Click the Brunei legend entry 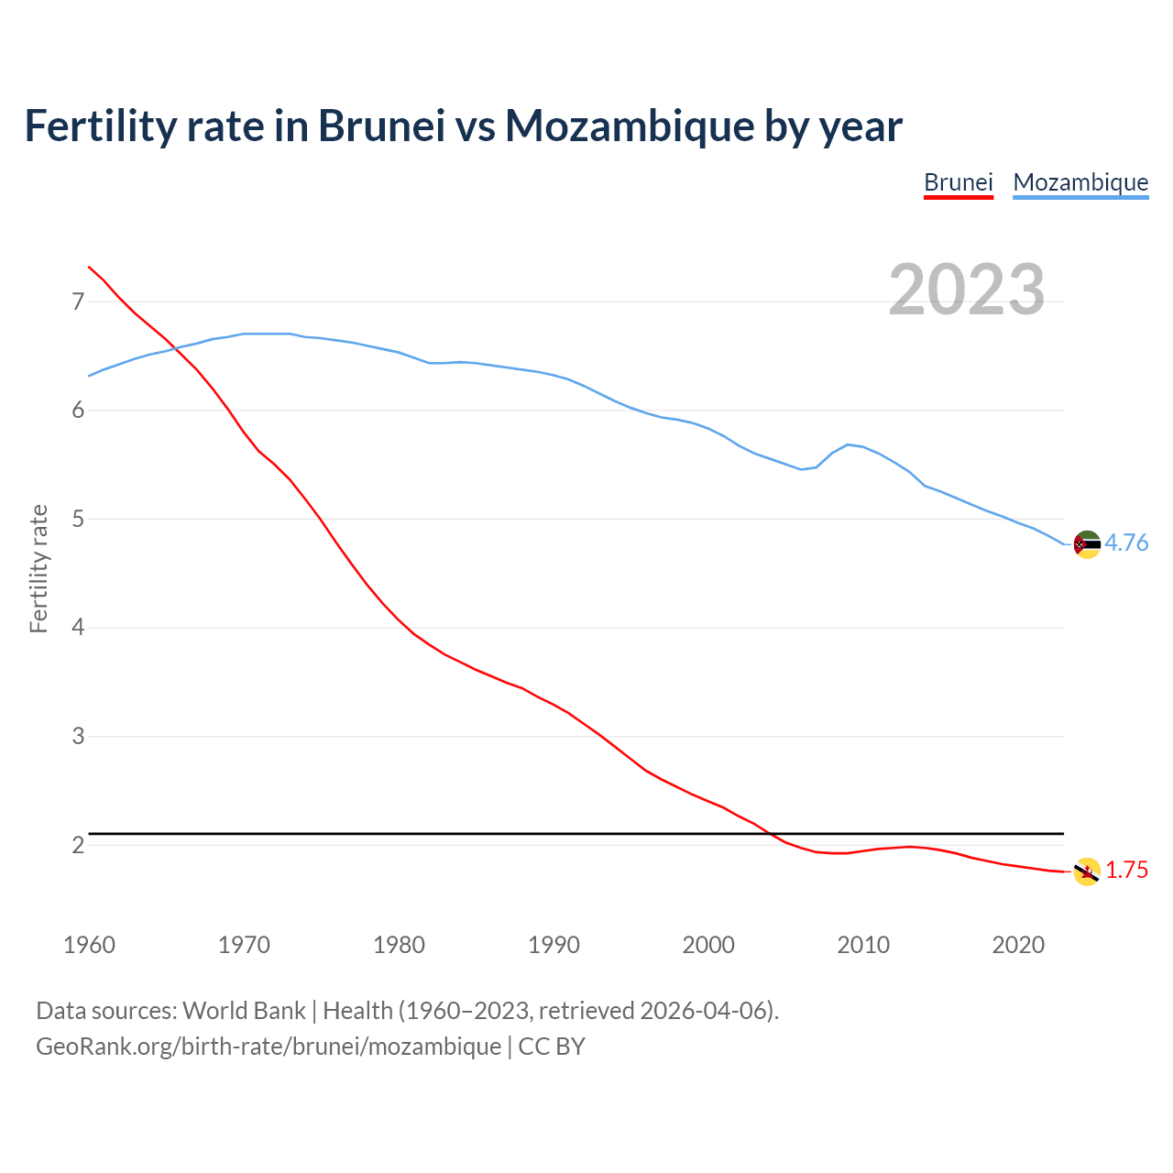pos(958,182)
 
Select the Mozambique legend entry pos(1080,182)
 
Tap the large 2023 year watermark pos(967,290)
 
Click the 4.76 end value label pos(1126,543)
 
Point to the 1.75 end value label pos(1126,870)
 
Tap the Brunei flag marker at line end pos(1087,872)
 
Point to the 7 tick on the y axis pos(78,301)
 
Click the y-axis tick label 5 pos(78,519)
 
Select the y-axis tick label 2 pos(78,845)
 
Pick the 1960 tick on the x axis pos(89,945)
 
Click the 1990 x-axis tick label pos(554,945)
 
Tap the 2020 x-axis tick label pos(1018,945)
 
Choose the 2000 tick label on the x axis pos(708,945)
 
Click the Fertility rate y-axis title pos(38,568)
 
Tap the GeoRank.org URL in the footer pos(269,1046)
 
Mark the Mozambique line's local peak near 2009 pos(848,444)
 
